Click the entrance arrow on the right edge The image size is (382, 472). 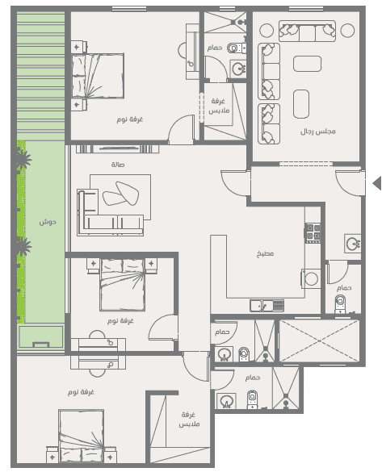tap(377, 183)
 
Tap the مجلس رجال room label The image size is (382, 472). tap(318, 132)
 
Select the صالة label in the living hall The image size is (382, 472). tap(118, 165)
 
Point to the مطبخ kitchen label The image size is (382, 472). tap(265, 253)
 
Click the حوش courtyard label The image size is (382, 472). tap(48, 222)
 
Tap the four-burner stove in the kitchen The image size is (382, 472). tap(313, 232)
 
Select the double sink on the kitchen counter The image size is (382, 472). tap(267, 305)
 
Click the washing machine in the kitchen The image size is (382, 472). tap(311, 278)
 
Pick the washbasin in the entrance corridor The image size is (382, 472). tap(352, 243)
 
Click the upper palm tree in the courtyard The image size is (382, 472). tap(23, 159)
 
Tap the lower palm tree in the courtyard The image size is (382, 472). tap(23, 246)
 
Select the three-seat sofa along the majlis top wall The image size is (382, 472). tap(307, 31)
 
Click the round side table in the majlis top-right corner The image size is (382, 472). tap(347, 31)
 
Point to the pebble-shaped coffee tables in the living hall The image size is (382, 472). tap(121, 194)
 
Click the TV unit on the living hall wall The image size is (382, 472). tap(117, 148)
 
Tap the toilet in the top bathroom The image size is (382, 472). tap(236, 48)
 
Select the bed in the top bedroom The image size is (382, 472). tap(98, 76)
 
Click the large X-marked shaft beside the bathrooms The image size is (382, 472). tap(320, 340)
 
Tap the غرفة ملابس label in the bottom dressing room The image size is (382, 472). tap(189, 419)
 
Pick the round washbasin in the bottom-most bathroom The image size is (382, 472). tap(226, 401)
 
